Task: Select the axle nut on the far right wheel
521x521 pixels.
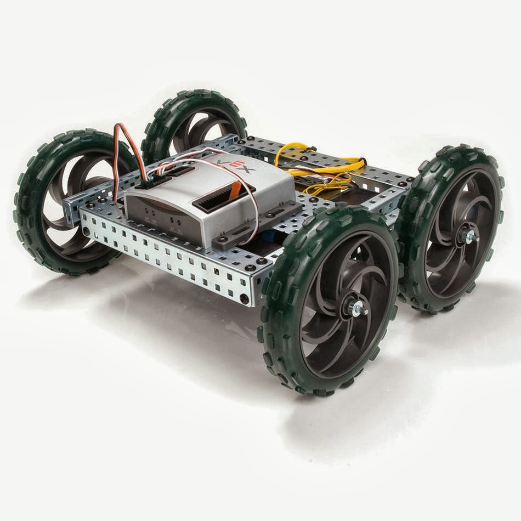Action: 469,236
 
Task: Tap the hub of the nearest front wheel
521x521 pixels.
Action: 351,307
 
